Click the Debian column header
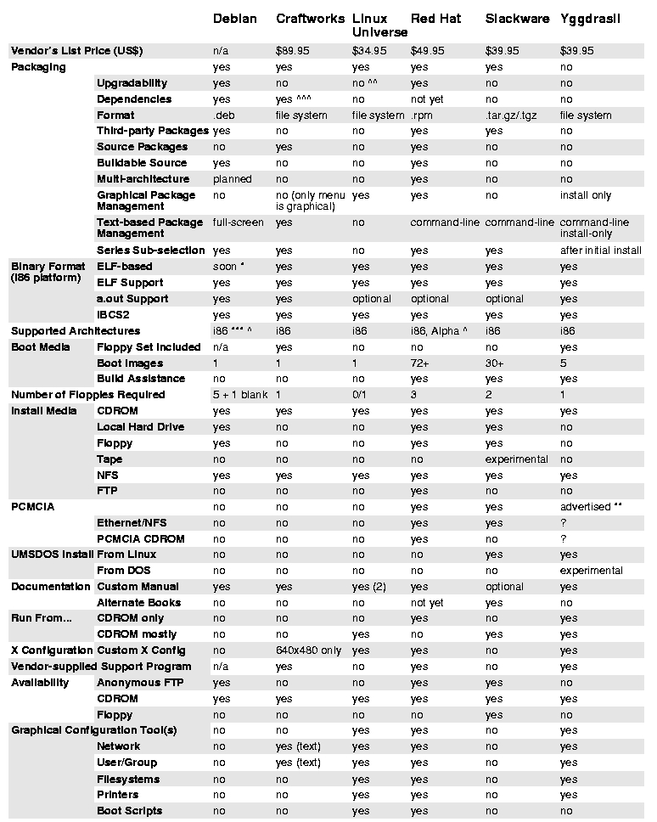234,18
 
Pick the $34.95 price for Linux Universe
369,51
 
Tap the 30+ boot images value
495,363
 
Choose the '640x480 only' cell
308,650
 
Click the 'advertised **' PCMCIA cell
591,507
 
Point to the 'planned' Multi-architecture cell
232,179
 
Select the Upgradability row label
132,83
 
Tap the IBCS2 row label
115,315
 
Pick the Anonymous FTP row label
139,683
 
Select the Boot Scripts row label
129,811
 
